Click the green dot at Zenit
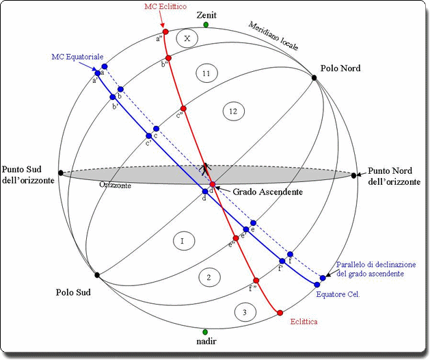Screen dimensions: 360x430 click(206, 25)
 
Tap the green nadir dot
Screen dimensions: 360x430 click(206, 332)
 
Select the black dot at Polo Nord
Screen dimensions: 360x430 click(314, 77)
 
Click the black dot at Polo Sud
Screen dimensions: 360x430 click(97, 275)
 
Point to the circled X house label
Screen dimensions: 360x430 click(187, 39)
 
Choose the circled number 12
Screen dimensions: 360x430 click(233, 110)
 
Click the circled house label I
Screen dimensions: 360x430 click(183, 241)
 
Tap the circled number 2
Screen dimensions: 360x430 click(210, 277)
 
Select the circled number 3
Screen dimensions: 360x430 click(245, 312)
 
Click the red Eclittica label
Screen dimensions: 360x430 click(304, 321)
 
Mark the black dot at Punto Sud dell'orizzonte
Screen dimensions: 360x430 click(62, 173)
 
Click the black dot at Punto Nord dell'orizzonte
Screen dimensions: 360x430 click(354, 176)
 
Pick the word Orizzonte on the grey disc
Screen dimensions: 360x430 click(115, 185)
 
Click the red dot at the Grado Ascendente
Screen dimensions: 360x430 click(213, 185)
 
